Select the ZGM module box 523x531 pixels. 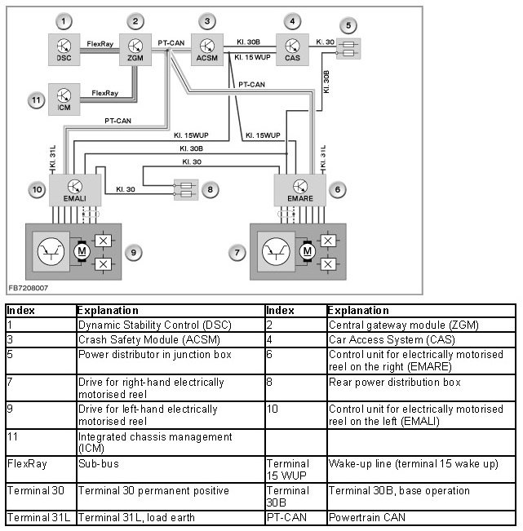point(135,49)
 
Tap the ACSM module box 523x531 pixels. point(208,49)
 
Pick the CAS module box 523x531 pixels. point(292,49)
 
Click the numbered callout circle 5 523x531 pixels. point(349,25)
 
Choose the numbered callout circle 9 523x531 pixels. point(134,252)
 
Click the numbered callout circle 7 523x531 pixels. point(237,253)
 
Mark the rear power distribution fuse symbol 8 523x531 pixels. point(184,190)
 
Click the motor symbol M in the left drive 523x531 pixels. point(81,252)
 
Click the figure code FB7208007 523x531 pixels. point(28,288)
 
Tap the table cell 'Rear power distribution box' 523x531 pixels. point(394,382)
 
